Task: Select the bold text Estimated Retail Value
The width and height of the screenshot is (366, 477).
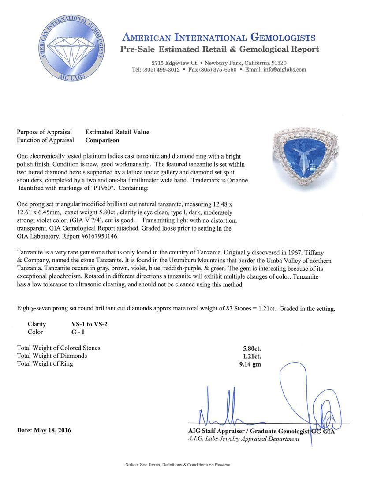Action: tap(117, 132)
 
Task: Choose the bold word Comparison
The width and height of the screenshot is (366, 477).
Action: tap(102, 140)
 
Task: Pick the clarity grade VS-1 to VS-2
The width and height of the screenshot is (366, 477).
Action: tap(86, 324)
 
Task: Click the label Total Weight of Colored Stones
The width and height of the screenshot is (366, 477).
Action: tap(59, 348)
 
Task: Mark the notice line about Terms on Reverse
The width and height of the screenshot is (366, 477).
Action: tap(178, 465)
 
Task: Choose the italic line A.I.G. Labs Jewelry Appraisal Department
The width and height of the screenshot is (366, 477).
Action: tap(243, 439)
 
